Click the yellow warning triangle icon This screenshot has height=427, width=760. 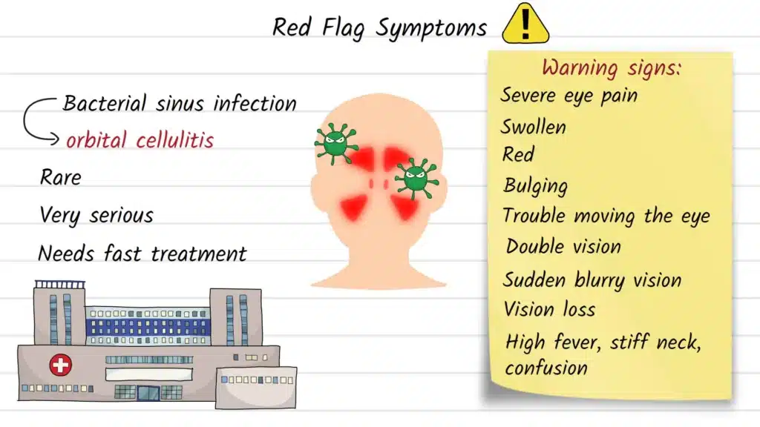tap(525, 24)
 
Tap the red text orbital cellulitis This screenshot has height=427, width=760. tap(140, 139)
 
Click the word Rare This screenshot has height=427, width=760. tap(60, 178)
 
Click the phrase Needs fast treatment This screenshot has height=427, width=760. tap(142, 254)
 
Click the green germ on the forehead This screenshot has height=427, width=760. tap(335, 142)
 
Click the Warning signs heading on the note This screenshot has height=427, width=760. tap(611, 68)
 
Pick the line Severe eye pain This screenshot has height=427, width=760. tap(569, 96)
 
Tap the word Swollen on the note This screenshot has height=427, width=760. tap(533, 127)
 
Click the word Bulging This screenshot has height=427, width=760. tap(535, 185)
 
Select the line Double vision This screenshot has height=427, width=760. tap(563, 246)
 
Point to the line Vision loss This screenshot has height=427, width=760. tap(549, 308)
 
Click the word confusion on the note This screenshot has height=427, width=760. tap(546, 368)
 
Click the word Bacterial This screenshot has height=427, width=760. tap(104, 103)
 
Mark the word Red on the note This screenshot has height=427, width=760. tap(518, 155)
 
